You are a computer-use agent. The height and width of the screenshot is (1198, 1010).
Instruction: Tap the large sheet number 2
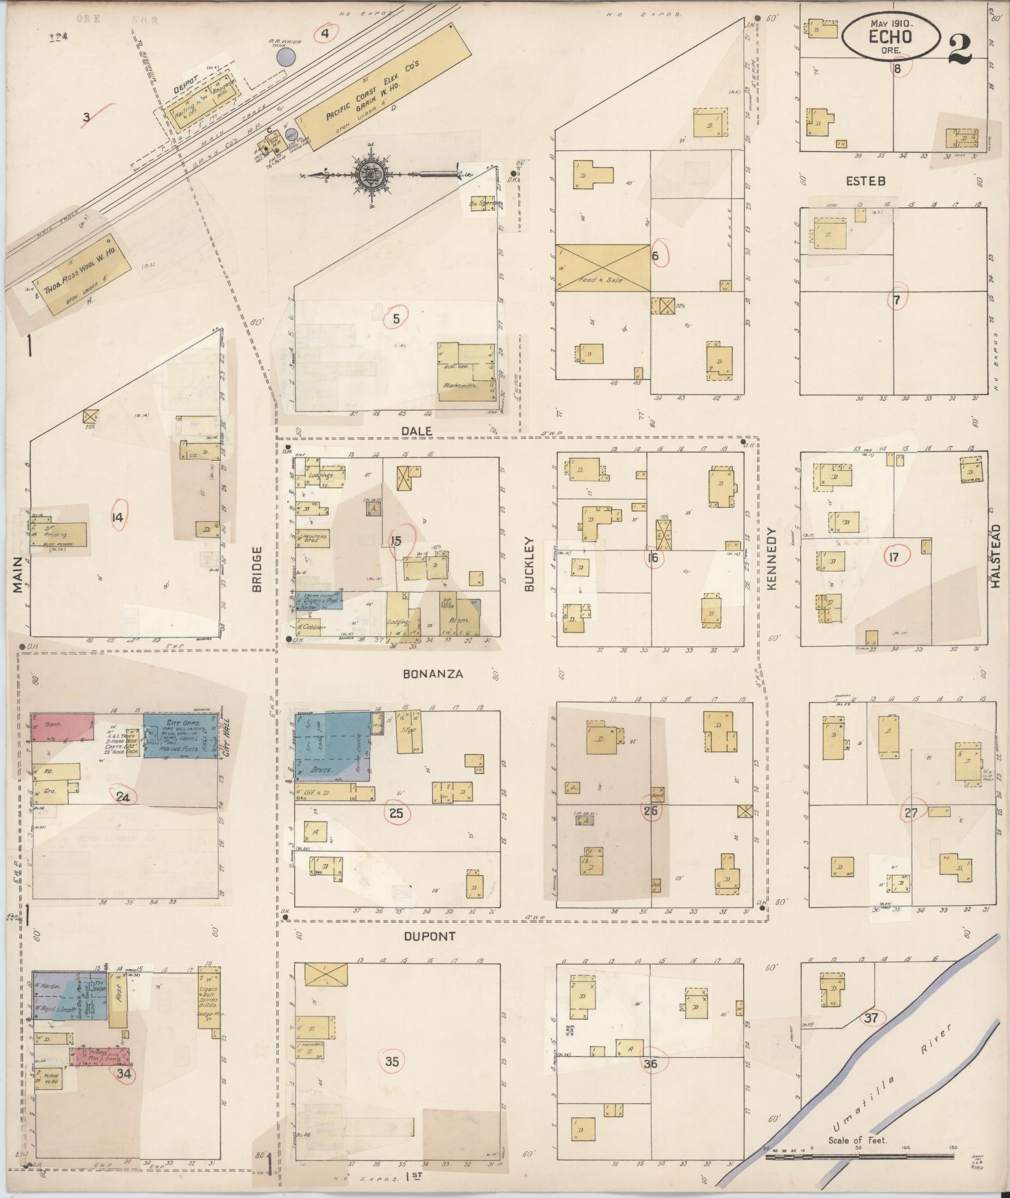[960, 49]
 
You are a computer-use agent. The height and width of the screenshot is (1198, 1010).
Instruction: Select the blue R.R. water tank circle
[286, 58]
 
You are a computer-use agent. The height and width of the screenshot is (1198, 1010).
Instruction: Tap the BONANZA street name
[433, 674]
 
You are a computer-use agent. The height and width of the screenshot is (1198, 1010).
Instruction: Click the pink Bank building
[62, 726]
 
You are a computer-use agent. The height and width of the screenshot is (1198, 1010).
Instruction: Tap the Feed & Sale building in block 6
[602, 267]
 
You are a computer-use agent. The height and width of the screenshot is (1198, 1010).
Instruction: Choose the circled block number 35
[392, 1061]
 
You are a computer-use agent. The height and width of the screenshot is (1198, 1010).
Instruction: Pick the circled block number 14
[117, 517]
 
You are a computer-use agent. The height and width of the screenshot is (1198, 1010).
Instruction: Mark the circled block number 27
[911, 813]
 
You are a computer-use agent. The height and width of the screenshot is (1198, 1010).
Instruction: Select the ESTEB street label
[865, 181]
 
